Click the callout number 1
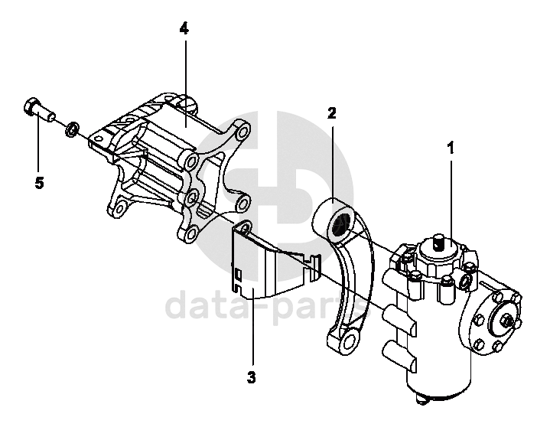451,148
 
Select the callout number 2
332,114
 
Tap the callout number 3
251,377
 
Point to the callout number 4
184,28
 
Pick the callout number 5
38,183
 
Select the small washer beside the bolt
71,128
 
